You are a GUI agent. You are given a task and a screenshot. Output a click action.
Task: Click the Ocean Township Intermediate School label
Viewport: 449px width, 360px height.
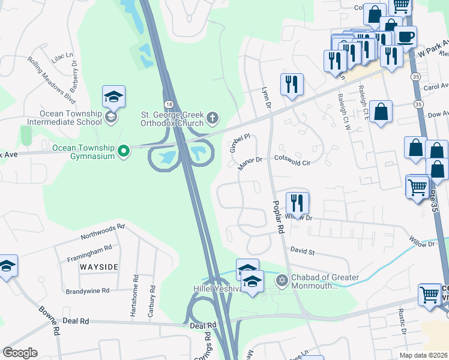71,118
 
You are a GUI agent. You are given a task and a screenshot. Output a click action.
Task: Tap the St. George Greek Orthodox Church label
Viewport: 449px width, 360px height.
172,118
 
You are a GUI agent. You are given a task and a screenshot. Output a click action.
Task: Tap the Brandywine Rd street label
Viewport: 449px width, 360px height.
88,290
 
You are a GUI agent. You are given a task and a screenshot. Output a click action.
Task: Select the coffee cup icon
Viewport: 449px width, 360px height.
405,37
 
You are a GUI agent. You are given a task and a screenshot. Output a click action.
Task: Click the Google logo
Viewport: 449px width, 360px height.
20,353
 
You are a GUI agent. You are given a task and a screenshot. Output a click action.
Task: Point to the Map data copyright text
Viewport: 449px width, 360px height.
423,355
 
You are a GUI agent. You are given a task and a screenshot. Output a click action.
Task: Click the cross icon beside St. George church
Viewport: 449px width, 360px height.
212,118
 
